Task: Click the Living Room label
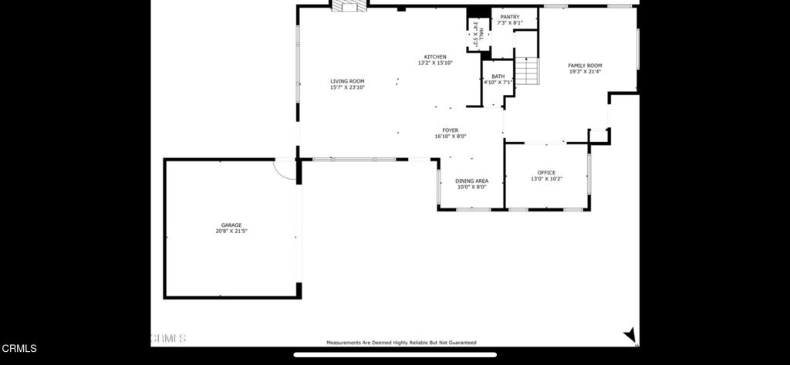tap(347, 81)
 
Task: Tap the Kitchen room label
tap(435, 56)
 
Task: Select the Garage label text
tap(231, 225)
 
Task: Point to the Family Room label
tap(585, 66)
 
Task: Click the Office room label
tap(546, 173)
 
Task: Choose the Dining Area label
tap(471, 181)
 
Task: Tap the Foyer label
tap(450, 130)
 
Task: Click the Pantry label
tap(509, 17)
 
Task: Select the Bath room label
tap(498, 76)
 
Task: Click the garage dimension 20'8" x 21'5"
tap(231, 232)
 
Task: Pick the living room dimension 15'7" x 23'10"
tap(347, 87)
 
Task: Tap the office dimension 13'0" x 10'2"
tap(546, 179)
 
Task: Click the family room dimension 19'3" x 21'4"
tap(585, 72)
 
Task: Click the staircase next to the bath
tap(526, 72)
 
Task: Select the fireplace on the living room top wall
tap(349, 6)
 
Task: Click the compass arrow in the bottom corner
tap(630, 334)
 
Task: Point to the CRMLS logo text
tap(19, 349)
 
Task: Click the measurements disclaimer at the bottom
tap(401, 343)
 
